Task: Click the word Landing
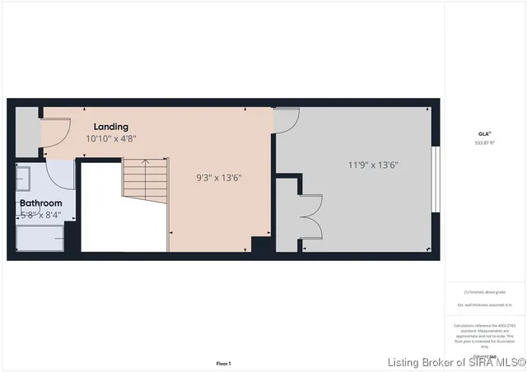coord(110,127)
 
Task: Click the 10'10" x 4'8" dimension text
coord(110,139)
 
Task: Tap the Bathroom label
coord(40,202)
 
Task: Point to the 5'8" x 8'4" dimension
coord(40,215)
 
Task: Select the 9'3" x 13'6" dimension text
coord(218,177)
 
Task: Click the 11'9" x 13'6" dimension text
coord(372,165)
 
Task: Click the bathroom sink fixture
coord(23,176)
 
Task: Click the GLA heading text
coord(484,133)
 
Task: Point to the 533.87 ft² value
coord(484,142)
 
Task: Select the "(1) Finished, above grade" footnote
coord(484,292)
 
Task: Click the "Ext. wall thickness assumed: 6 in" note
coord(484,305)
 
